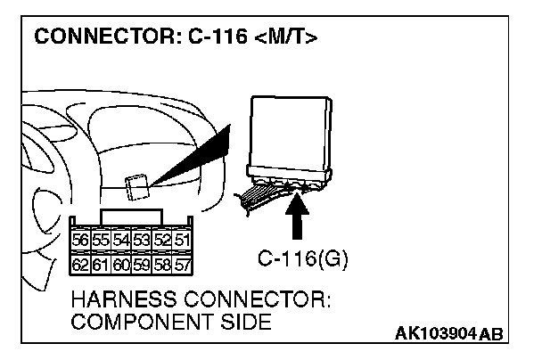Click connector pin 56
click(80, 240)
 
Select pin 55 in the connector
click(97, 240)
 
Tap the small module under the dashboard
click(136, 187)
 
